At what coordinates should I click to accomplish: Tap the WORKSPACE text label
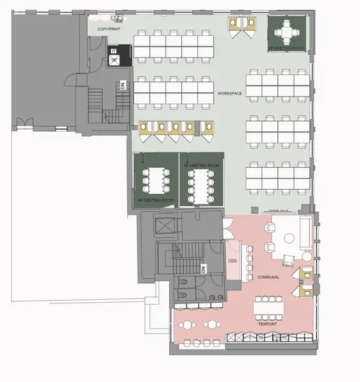(x=230, y=94)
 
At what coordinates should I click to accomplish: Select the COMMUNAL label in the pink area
(x=267, y=277)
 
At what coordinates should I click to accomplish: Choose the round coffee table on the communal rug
(x=292, y=235)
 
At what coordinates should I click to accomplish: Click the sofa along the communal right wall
(x=306, y=231)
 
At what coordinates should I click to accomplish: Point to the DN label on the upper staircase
(x=123, y=85)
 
